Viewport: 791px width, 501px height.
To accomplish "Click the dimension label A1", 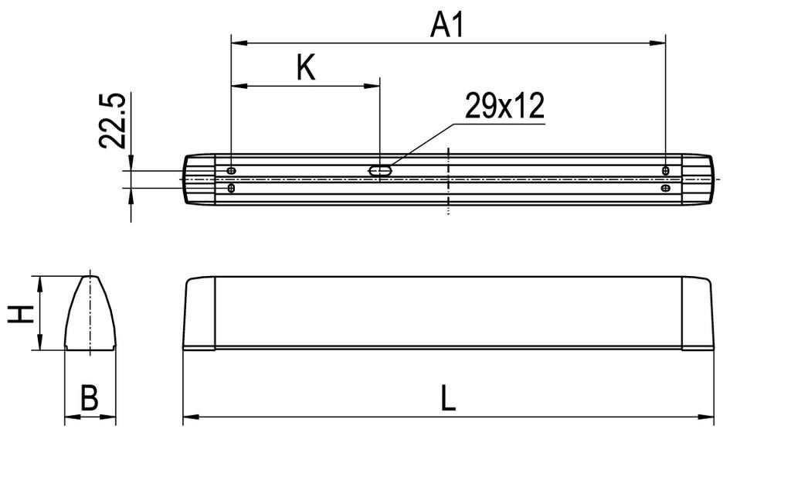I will pos(447,25).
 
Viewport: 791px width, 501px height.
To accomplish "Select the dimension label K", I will pos(306,69).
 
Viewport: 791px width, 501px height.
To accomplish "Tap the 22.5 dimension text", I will pos(113,121).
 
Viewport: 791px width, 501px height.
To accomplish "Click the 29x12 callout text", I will pos(504,106).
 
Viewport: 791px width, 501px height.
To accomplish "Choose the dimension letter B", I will pos(90,400).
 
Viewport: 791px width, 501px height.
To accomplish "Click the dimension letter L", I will pos(448,400).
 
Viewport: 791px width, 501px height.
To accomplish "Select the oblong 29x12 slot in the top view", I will pos(380,170).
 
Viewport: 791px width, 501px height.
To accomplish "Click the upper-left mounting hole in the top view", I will pos(232,170).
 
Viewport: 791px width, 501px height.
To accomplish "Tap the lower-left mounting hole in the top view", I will pos(232,188).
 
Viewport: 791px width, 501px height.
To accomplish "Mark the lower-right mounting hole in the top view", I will pos(666,188).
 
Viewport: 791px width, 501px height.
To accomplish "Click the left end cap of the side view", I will pos(199,313).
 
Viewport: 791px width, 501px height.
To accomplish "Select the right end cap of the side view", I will pos(698,313).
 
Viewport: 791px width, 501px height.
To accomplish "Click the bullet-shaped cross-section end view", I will pos(90,313).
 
